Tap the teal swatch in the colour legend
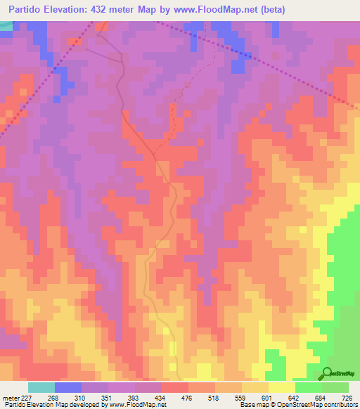pos(41,387)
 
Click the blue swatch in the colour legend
pos(68,387)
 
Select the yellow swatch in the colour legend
pos(281,387)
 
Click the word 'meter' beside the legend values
pos(10,396)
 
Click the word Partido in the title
pos(27,9)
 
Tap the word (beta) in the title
pos(271,9)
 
